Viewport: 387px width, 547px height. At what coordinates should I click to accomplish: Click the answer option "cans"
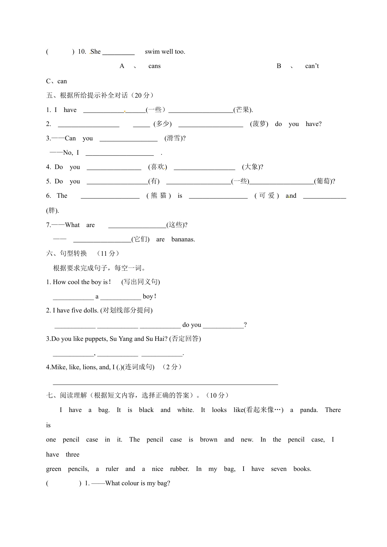coord(154,66)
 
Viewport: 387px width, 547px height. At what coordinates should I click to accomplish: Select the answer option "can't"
coord(312,66)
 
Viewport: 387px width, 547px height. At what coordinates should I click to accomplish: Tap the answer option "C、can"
coord(56,81)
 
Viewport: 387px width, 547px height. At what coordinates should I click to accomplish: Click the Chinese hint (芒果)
coord(243,110)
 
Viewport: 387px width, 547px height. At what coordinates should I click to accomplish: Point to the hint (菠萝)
coord(259,124)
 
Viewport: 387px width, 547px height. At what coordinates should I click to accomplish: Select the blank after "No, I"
coord(119,153)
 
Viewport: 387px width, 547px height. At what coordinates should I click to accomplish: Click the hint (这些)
coord(176,225)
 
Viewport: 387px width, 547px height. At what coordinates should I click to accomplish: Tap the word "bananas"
coord(183,240)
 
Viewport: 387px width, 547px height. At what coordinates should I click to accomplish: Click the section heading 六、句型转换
coord(66,254)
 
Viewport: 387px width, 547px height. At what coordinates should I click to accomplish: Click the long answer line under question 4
coord(165,383)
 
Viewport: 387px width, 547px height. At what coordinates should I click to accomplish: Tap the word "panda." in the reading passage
coord(309,410)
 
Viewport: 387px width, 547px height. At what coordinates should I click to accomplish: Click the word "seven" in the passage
coord(278,469)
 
